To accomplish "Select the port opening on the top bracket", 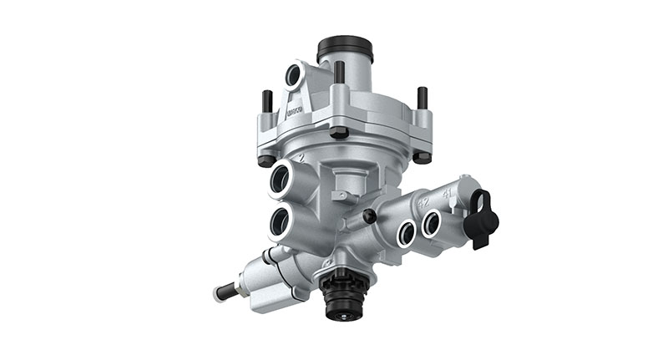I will pyautogui.click(x=294, y=75).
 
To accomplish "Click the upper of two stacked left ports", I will pyautogui.click(x=279, y=178).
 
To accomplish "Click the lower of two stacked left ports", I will pyautogui.click(x=279, y=221).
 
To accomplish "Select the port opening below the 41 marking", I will pyautogui.click(x=432, y=222).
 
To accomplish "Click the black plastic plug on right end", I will pyautogui.click(x=483, y=219).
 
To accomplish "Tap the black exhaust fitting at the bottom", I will pyautogui.click(x=342, y=296).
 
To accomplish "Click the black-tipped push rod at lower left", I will pyautogui.click(x=225, y=292).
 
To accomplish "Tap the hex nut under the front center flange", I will pyautogui.click(x=339, y=132).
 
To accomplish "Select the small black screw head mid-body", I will pyautogui.click(x=368, y=216).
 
